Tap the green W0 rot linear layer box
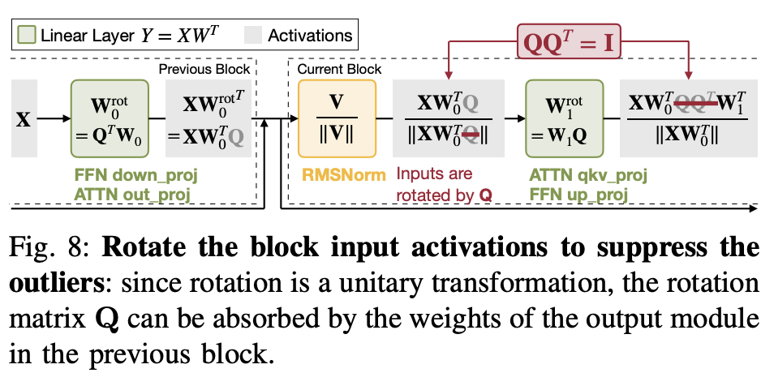(x=105, y=118)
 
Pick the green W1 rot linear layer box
(x=559, y=118)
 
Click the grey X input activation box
(x=24, y=118)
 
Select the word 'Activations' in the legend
(x=310, y=35)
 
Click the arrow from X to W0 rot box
(x=54, y=118)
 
